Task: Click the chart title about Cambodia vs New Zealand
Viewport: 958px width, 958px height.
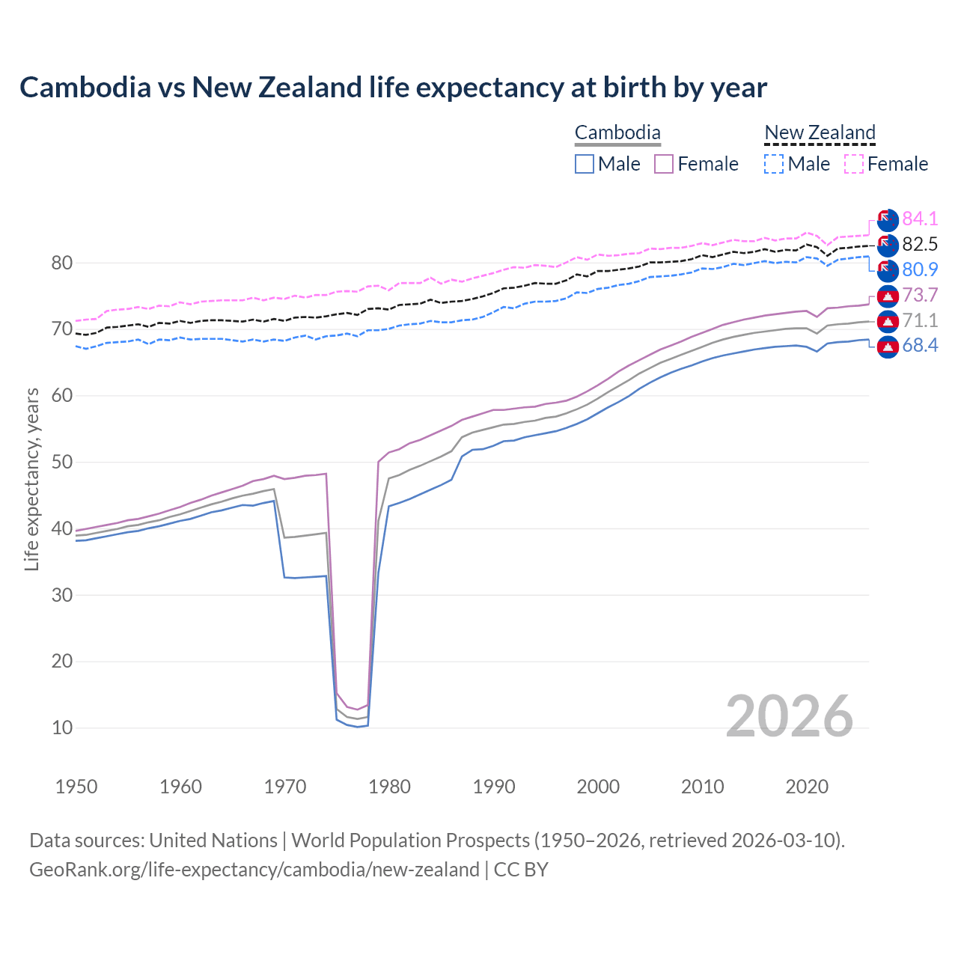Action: [393, 88]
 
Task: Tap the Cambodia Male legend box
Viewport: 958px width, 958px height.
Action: [585, 164]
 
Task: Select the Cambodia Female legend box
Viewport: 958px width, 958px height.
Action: [664, 164]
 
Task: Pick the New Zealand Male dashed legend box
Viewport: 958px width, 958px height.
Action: [774, 164]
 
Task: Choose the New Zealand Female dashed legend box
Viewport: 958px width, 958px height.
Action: [854, 164]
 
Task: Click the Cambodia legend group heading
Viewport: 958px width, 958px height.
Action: [617, 133]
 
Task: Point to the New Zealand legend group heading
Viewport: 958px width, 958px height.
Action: [820, 133]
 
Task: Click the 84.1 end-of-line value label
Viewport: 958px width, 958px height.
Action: [920, 219]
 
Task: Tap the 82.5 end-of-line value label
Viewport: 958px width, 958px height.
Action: [920, 244]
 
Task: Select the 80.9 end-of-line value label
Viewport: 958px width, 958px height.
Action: [920, 269]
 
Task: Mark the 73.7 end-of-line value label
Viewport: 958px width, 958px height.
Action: [920, 295]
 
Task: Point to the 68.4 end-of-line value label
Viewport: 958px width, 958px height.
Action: [920, 345]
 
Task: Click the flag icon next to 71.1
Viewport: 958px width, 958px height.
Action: [888, 322]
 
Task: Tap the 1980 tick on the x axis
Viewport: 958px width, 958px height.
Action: [390, 787]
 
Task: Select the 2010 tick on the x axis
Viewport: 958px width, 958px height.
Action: [702, 787]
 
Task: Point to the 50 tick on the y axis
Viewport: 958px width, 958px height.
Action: [62, 462]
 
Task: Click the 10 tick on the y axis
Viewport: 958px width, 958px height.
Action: [62, 727]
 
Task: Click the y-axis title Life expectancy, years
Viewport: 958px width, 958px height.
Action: [31, 479]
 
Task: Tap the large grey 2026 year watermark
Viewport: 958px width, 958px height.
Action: [790, 716]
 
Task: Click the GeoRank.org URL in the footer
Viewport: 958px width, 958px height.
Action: [254, 870]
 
